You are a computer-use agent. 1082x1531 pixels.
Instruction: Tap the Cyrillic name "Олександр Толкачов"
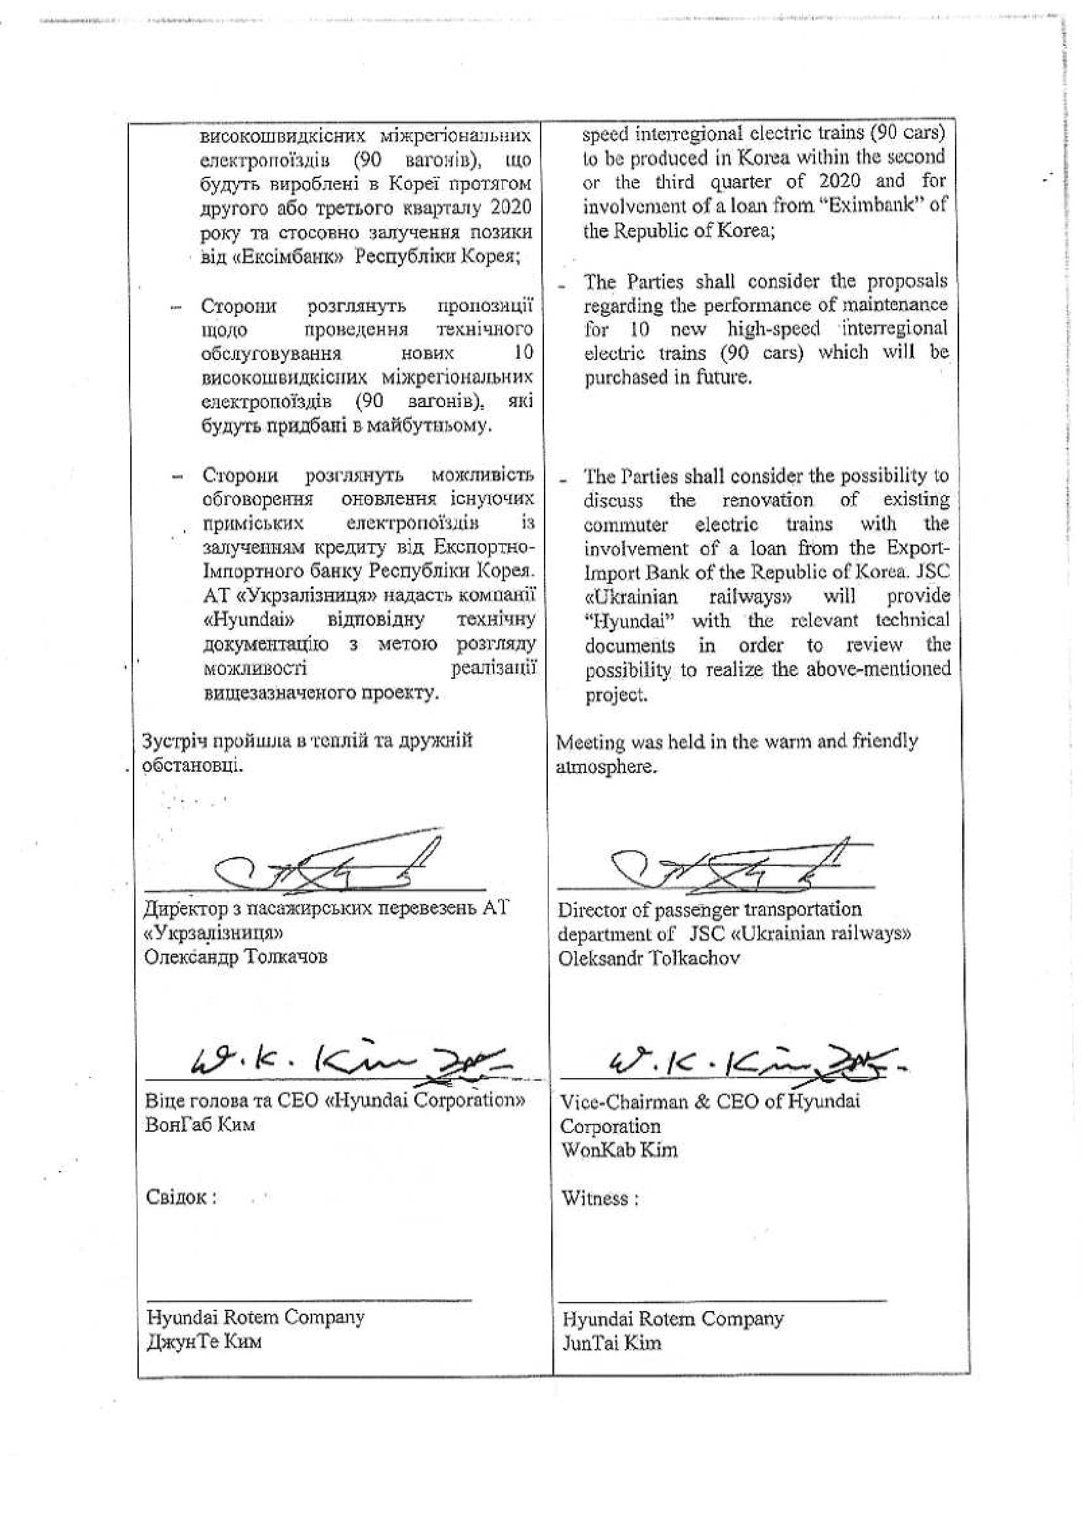pos(236,957)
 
